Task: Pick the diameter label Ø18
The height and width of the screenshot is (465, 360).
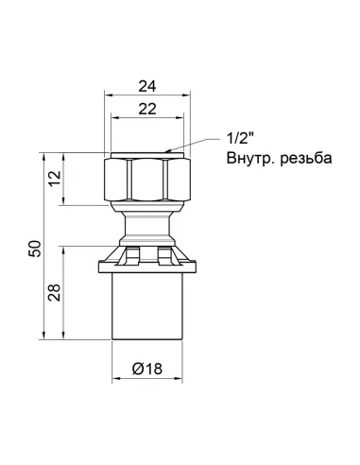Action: point(148,368)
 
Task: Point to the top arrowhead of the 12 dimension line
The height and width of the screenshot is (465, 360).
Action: point(66,153)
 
